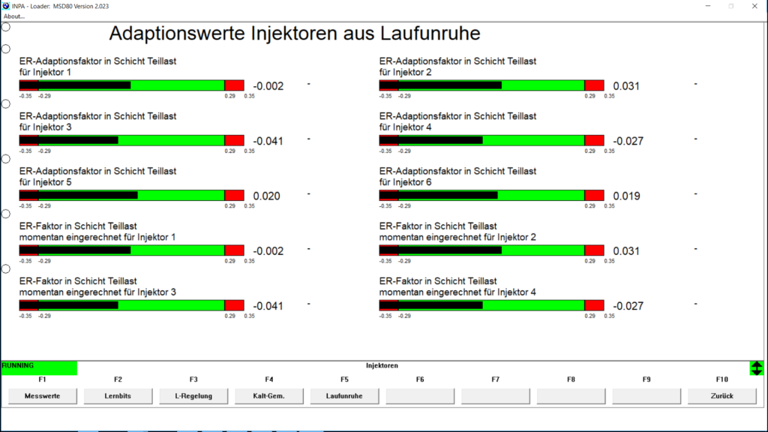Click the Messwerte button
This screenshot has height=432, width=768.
(x=42, y=396)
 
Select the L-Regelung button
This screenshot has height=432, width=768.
(x=193, y=396)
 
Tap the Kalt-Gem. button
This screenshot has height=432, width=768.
(x=268, y=396)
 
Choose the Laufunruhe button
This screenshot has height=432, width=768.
(x=344, y=396)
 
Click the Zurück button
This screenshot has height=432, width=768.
(x=722, y=396)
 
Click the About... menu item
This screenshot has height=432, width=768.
(x=14, y=16)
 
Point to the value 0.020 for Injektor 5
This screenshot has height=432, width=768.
(x=267, y=196)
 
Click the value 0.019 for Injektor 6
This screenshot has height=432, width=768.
(x=626, y=196)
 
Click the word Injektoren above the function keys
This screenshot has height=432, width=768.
(x=382, y=366)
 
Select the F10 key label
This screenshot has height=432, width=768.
(x=722, y=379)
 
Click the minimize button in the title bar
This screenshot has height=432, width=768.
(x=706, y=6)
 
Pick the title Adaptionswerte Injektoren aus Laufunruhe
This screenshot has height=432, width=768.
(x=295, y=34)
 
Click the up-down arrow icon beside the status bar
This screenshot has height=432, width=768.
(x=757, y=368)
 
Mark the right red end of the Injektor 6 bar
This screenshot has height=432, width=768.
(x=594, y=196)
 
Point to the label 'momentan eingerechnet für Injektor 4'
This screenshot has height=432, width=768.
(x=457, y=292)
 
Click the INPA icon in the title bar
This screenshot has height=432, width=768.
(x=6, y=6)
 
